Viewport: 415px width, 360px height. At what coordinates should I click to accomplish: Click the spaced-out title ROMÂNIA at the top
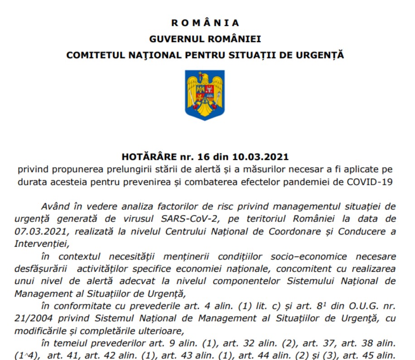pos(205,23)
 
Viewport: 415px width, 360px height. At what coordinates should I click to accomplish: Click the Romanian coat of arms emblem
pos(205,95)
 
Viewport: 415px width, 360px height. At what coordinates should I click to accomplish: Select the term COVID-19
pos(368,182)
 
